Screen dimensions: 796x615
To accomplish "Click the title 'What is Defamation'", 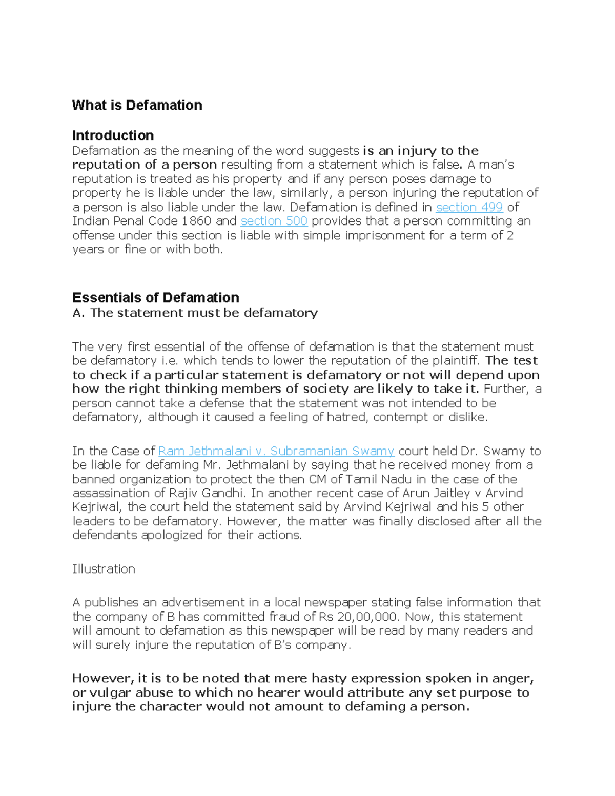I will [137, 105].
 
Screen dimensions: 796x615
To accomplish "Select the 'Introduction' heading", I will [113, 135].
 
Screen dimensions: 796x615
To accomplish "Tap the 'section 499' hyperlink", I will [469, 207].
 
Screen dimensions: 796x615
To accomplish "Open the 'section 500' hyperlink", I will [274, 221].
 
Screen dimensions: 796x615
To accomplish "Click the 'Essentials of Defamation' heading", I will [155, 298].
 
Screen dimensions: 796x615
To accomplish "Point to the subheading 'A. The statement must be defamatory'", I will [195, 313].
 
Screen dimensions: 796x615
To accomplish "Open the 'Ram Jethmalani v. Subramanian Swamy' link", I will [276, 451].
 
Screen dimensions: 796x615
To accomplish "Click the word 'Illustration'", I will [104, 569].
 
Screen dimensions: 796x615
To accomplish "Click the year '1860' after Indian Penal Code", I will [196, 221].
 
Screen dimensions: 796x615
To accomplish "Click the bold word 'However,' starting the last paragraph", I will [103, 679].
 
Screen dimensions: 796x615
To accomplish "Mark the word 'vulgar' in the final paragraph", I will [109, 693].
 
